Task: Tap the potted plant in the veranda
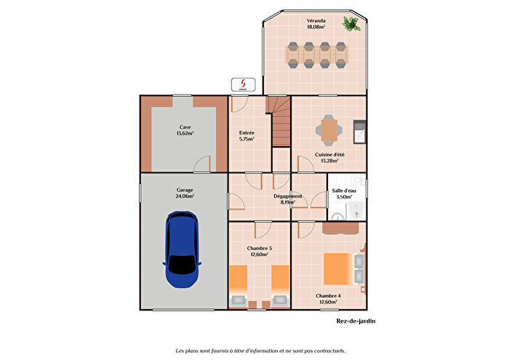[352, 24]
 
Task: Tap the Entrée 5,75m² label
[247, 136]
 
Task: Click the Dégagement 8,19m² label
[288, 199]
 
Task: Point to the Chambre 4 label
[329, 296]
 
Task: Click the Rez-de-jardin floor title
[356, 320]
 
